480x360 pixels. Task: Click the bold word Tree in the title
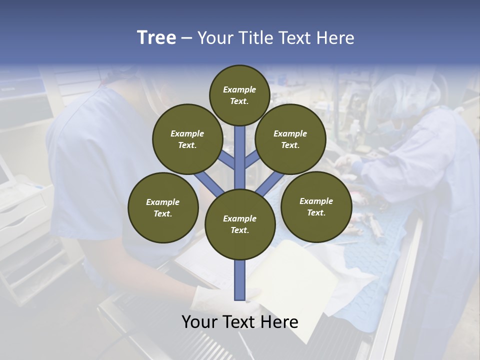156,37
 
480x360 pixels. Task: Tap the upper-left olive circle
187,139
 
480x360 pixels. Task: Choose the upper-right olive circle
290,139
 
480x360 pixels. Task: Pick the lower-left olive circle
163,207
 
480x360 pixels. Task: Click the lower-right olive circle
316,206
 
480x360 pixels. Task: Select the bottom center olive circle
240,224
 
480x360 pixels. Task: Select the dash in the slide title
186,38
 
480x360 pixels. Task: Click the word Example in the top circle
239,89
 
